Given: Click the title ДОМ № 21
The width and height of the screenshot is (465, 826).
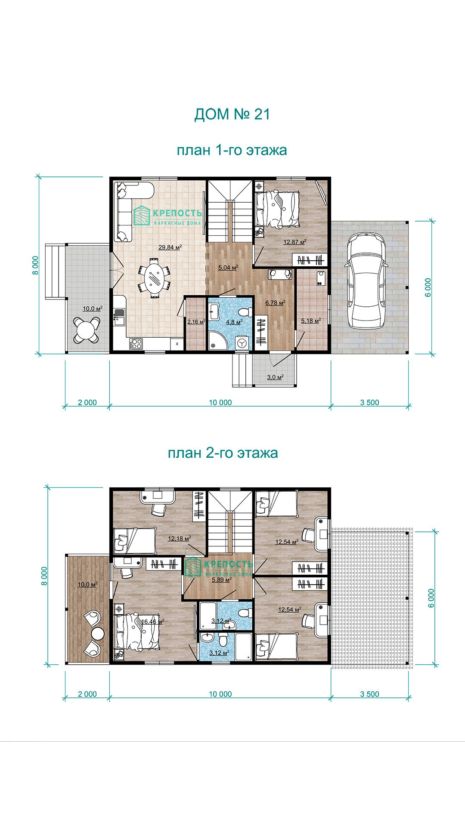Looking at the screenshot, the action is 232,114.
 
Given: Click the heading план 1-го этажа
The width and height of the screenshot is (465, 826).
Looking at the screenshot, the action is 232,151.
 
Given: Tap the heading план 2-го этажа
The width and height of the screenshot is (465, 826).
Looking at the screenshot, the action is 223,453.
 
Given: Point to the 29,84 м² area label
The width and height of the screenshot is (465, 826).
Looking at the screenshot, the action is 170,247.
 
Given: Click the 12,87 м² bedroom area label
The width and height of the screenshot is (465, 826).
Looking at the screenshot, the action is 294,242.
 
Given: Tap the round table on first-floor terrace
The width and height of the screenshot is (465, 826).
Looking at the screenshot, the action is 87,330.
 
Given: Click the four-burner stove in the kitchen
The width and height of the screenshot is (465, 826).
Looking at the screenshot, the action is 136,343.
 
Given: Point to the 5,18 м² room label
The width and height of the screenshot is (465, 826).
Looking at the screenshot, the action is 311,321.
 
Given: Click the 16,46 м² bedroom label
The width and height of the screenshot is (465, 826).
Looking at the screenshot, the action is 152,622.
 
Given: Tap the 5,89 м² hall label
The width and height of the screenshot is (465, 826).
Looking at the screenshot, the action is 222,579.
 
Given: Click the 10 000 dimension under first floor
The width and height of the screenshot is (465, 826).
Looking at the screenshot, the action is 220,403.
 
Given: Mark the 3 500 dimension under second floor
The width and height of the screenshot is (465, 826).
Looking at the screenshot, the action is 370,694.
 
